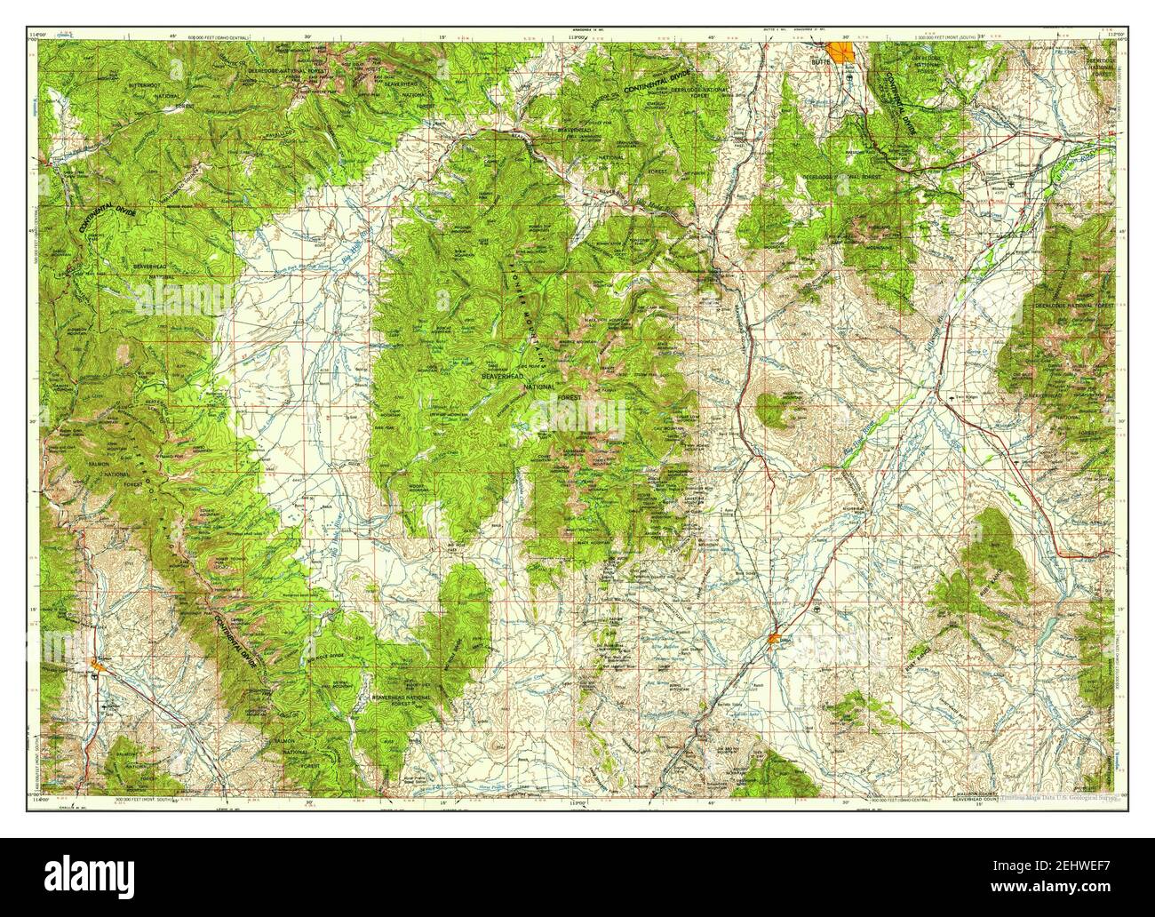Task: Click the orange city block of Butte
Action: [839, 51]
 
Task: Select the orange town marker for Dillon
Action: [776, 637]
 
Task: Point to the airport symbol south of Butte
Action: [850, 78]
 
